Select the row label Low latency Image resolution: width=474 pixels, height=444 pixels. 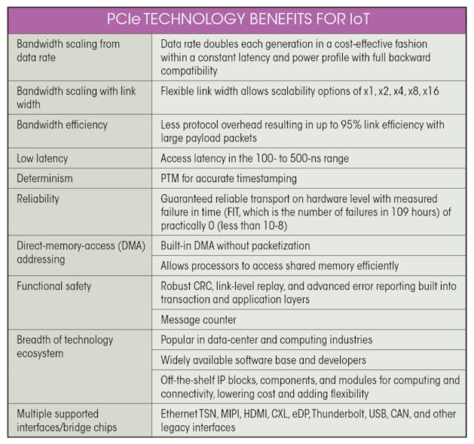(x=42, y=158)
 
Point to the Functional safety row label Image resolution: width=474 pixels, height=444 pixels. (x=54, y=286)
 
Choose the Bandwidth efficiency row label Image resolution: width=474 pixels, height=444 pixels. (x=62, y=124)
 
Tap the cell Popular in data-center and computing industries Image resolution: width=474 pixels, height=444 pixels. (x=266, y=339)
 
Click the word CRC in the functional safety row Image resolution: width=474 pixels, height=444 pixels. (x=212, y=286)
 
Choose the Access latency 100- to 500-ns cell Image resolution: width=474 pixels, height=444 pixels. (x=254, y=158)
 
